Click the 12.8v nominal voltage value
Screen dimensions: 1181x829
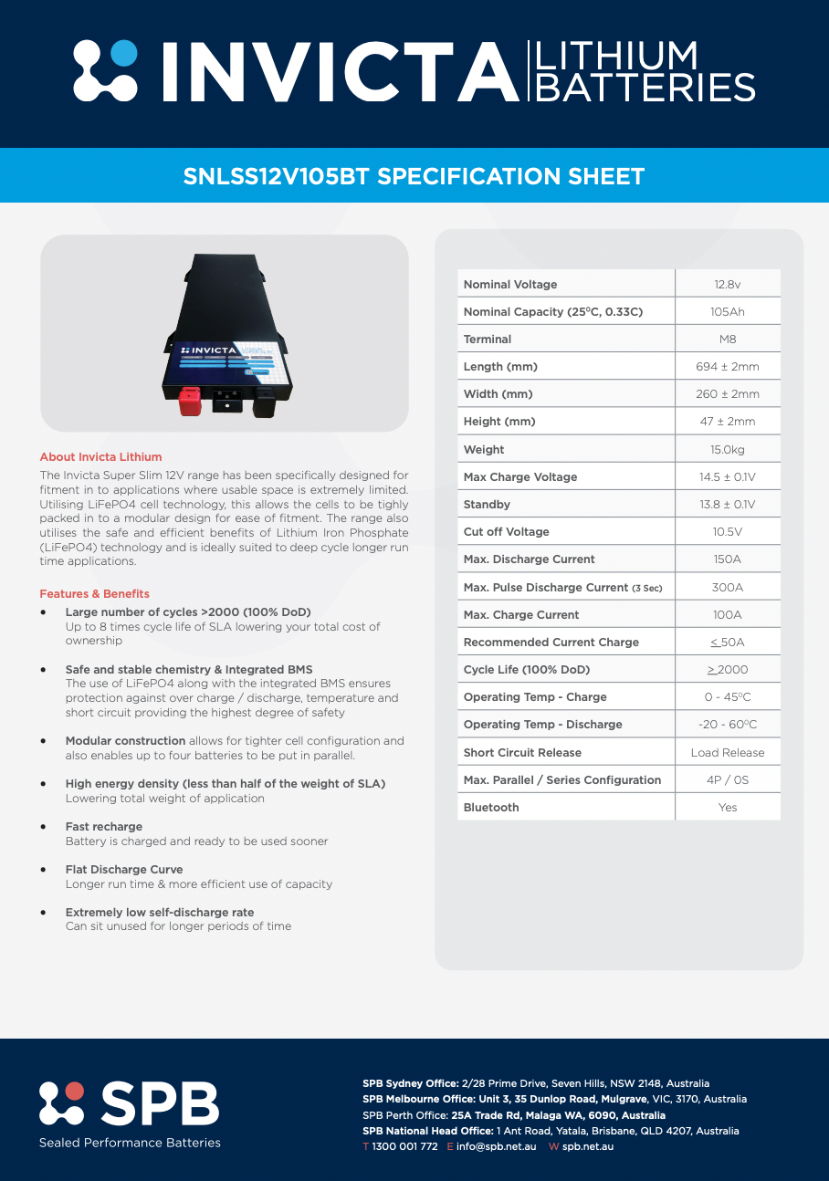click(x=728, y=284)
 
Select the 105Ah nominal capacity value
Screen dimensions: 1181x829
click(x=728, y=311)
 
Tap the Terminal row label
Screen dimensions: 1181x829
click(x=488, y=339)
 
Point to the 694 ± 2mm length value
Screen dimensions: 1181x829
click(x=728, y=366)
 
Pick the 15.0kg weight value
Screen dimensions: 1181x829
click(x=728, y=449)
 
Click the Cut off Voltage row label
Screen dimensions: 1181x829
click(x=506, y=531)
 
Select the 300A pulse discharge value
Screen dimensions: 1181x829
click(x=728, y=587)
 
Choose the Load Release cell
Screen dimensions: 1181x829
click(x=728, y=752)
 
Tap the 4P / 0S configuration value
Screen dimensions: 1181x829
click(x=728, y=779)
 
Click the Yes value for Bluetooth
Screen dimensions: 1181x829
click(x=728, y=807)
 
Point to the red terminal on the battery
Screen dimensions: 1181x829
click(x=189, y=401)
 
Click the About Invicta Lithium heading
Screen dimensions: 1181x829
click(x=100, y=456)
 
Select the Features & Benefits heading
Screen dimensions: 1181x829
click(x=94, y=593)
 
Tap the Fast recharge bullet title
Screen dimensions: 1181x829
click(x=103, y=826)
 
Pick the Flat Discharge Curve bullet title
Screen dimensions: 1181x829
click(x=123, y=869)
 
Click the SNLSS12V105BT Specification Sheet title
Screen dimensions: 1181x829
click(x=414, y=176)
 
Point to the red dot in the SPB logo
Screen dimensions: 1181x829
click(x=74, y=1092)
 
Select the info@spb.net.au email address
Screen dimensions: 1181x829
click(x=496, y=1146)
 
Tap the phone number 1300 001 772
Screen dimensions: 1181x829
click(x=404, y=1146)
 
